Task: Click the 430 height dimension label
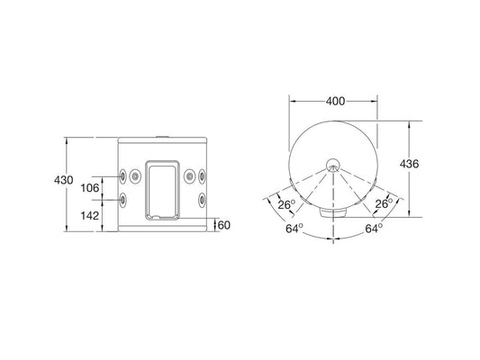63,180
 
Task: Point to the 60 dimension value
224,225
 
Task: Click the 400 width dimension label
334,102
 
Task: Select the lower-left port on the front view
123,199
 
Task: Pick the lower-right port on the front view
204,199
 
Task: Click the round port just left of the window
136,175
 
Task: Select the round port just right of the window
190,175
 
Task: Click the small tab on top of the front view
163,136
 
